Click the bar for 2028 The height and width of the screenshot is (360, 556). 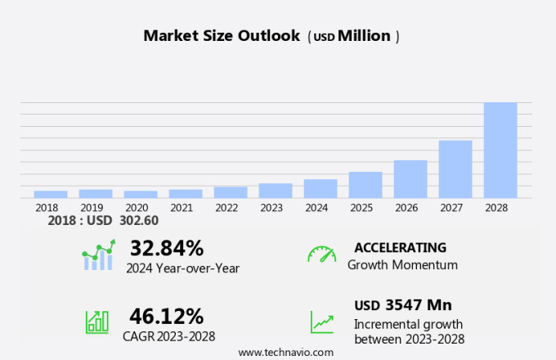[x=500, y=151]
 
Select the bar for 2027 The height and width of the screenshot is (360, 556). [x=455, y=169]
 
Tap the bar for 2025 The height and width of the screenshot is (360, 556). [x=365, y=185]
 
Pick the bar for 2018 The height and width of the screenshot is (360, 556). [x=51, y=194]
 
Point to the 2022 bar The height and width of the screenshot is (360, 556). [x=231, y=192]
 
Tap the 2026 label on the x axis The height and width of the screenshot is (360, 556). [x=410, y=208]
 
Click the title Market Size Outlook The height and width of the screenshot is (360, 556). [x=222, y=36]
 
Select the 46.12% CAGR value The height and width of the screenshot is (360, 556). [x=166, y=316]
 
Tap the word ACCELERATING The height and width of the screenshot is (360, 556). [x=400, y=247]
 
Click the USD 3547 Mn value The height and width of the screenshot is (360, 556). [x=403, y=305]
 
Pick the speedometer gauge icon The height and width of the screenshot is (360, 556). [x=321, y=254]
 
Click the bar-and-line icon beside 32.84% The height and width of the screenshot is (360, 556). [x=98, y=255]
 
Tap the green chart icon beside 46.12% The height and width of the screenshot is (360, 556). [x=97, y=321]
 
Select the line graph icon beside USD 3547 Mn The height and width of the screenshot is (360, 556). [x=321, y=322]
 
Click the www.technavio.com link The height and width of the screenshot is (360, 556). [x=285, y=352]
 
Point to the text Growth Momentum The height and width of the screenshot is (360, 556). [x=402, y=265]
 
